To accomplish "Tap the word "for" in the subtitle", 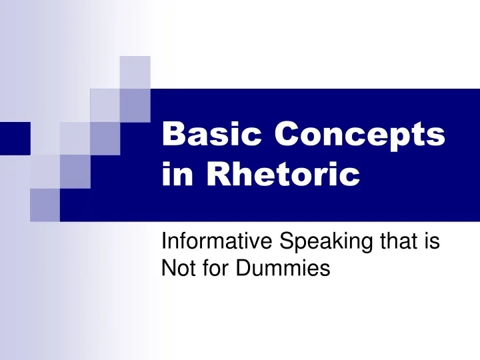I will point(213,269).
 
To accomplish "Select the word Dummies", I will point(282,269).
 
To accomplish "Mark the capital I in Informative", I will point(164,244).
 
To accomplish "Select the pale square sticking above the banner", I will point(136,72).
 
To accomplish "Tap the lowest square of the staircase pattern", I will point(45,204).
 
